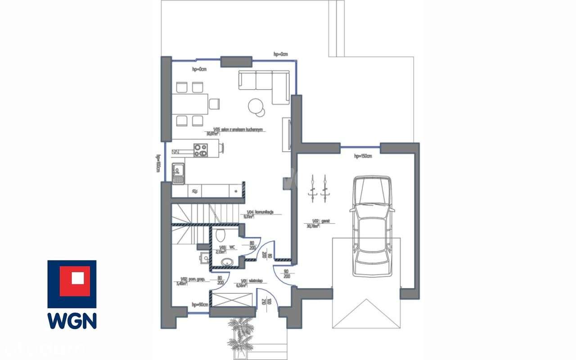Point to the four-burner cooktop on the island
201,150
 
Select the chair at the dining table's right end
214,104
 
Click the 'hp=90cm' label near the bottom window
200,305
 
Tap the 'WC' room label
232,247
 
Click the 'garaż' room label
326,221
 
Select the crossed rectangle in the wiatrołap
233,299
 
